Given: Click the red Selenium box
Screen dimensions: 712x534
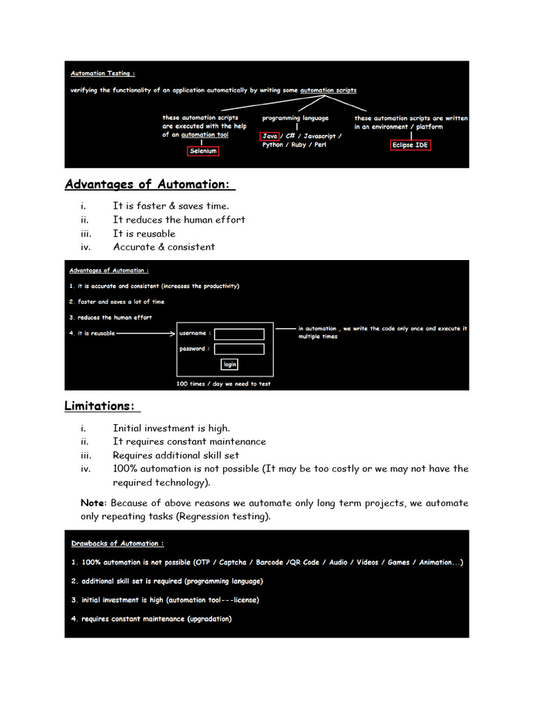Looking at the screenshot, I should [203, 151].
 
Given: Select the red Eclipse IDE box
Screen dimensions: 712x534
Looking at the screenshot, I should [410, 145].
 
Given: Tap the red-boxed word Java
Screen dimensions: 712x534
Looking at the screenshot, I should [270, 136].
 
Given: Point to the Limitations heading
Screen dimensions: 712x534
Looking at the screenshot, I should [102, 406].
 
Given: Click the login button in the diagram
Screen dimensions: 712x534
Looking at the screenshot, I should [229, 364].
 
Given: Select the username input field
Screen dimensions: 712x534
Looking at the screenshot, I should [239, 334].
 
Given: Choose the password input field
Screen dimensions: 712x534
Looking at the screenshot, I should [239, 349].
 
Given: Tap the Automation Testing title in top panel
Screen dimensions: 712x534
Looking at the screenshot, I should [103, 73].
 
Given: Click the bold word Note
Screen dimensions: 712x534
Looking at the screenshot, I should [92, 503].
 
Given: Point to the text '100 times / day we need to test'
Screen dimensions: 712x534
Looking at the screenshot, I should [223, 384].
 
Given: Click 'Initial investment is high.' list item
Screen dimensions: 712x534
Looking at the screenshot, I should [171, 428].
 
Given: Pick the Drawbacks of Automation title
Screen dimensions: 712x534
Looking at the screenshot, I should [118, 544].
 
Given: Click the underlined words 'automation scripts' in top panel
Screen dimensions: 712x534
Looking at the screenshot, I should [328, 90].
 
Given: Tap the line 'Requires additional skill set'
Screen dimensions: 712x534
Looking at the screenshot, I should [176, 455].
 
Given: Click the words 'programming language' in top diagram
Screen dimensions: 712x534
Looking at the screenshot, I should [295, 118].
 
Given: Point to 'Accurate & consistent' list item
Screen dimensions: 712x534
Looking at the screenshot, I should [164, 247].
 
